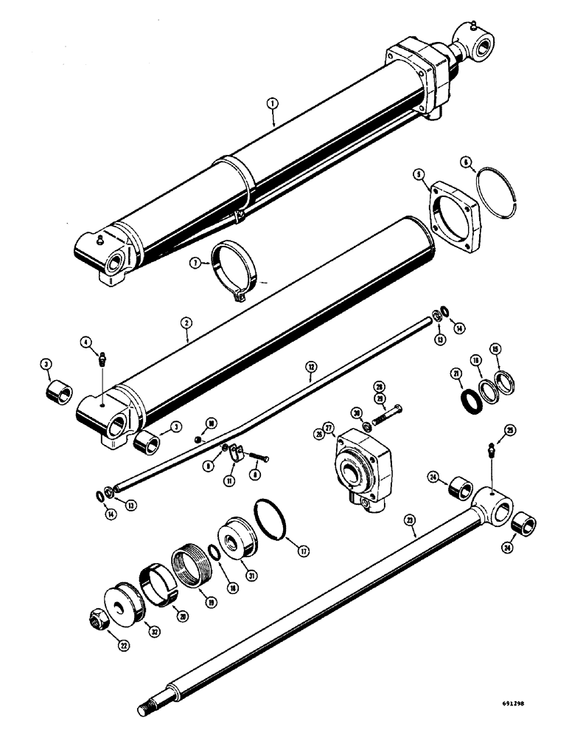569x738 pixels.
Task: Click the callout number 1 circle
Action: tap(273, 104)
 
